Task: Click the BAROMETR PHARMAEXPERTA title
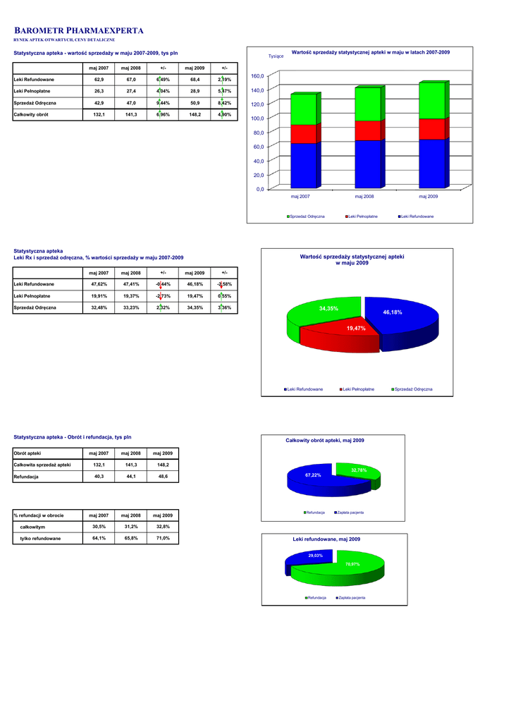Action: pyautogui.click(x=79, y=31)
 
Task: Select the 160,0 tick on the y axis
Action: pyautogui.click(x=259, y=76)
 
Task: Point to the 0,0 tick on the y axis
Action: pyautogui.click(x=260, y=189)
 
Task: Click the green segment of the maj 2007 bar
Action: pyautogui.click(x=303, y=109)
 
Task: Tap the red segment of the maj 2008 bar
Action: pyautogui.click(x=367, y=130)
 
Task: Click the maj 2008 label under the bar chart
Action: pyautogui.click(x=364, y=196)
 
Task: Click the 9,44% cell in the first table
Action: pyautogui.click(x=163, y=103)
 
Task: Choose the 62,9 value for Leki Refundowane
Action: pyautogui.click(x=99, y=80)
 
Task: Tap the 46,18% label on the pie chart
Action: pyautogui.click(x=393, y=312)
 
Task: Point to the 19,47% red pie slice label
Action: pyautogui.click(x=356, y=329)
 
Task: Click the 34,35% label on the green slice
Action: pyautogui.click(x=328, y=309)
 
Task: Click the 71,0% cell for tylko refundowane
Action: pyautogui.click(x=163, y=539)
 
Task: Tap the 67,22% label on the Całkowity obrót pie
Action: pyautogui.click(x=313, y=475)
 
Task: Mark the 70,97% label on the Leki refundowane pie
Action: pyautogui.click(x=352, y=564)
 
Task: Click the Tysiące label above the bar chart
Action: pyautogui.click(x=276, y=56)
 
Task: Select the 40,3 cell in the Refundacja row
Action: pyautogui.click(x=99, y=477)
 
